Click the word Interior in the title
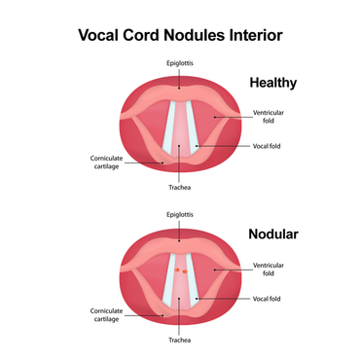click(255, 36)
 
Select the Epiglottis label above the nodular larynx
click(180, 211)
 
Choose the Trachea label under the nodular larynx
click(180, 341)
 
